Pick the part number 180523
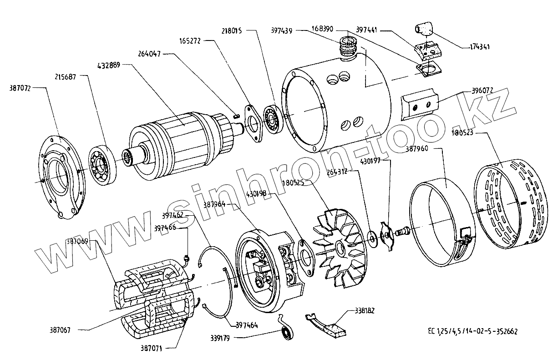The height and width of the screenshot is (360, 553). [463, 133]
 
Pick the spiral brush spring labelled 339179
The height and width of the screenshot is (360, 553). [287, 331]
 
